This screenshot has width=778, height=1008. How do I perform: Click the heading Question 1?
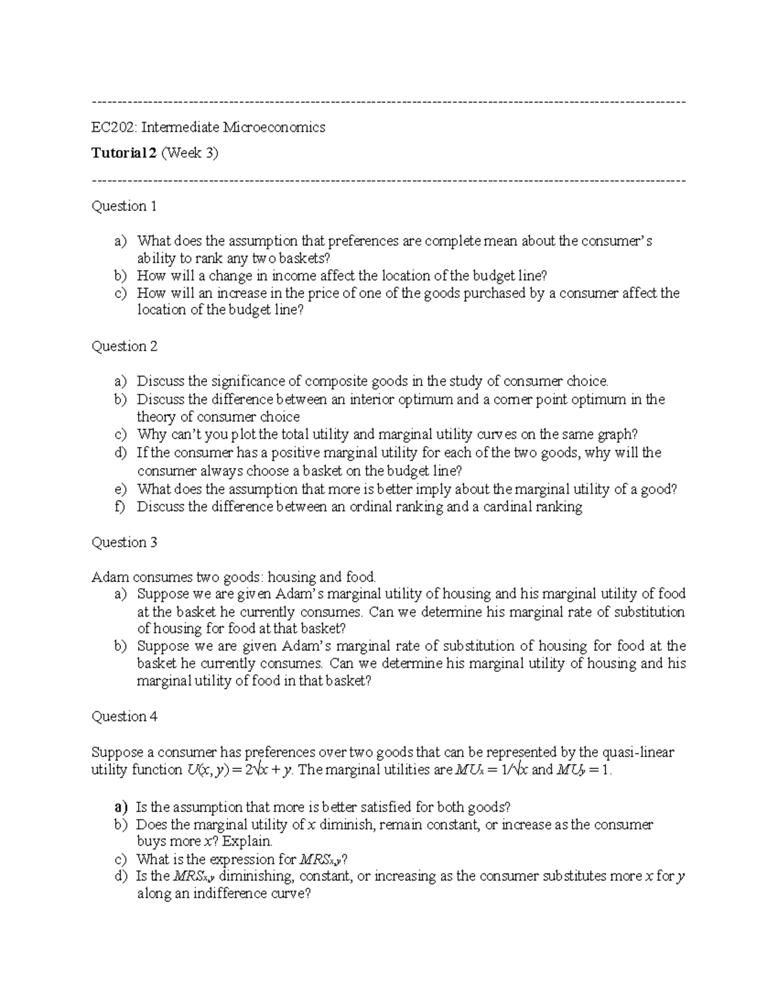pos(124,206)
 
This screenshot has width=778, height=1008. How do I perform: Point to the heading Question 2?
pos(124,347)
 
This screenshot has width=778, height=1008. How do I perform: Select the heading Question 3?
pos(124,543)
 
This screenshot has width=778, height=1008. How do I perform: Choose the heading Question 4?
pos(124,717)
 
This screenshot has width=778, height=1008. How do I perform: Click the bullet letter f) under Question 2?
pos(119,507)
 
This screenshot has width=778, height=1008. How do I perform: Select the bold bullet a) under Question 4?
pos(121,807)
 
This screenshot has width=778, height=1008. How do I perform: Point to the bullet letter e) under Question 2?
pos(120,489)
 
